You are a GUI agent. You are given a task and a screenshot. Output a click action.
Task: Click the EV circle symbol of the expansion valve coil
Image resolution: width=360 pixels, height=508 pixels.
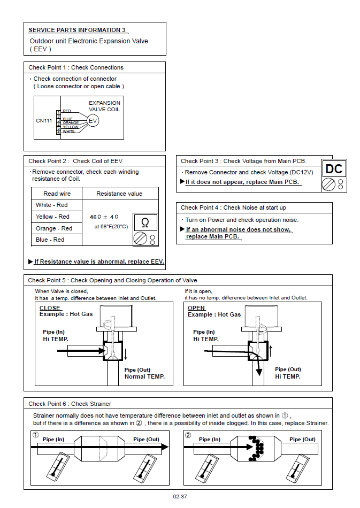(x=93, y=121)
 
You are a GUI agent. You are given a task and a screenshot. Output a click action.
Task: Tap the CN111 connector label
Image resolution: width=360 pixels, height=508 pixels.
(x=44, y=121)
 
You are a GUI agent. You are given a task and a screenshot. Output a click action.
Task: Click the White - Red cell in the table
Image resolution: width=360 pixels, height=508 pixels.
(x=52, y=205)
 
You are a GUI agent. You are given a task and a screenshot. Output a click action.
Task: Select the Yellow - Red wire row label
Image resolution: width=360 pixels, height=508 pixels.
(x=52, y=217)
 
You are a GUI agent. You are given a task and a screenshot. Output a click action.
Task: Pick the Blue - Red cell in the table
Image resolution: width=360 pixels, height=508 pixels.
(x=50, y=240)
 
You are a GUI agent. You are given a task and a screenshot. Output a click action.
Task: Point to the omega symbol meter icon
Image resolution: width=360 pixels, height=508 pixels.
(x=145, y=230)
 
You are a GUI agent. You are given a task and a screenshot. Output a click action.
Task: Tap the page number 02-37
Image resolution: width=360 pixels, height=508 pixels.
(x=180, y=497)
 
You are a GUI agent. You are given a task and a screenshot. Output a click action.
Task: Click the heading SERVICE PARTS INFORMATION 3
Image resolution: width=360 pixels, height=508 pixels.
(x=77, y=30)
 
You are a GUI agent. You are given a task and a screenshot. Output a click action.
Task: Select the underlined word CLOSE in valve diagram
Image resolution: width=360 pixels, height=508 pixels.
(x=50, y=308)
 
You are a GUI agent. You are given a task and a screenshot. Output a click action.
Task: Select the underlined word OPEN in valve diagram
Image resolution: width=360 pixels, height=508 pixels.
(x=197, y=308)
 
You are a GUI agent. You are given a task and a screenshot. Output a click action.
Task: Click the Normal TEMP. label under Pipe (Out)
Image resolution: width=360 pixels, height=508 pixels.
(x=144, y=376)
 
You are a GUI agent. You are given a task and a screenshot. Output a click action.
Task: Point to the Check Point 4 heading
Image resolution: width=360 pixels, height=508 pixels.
(x=233, y=207)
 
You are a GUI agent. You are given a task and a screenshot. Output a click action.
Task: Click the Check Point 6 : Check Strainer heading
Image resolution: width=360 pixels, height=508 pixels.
(x=70, y=404)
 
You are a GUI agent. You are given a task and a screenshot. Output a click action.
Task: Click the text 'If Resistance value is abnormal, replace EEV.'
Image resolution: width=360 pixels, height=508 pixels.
(x=99, y=261)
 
